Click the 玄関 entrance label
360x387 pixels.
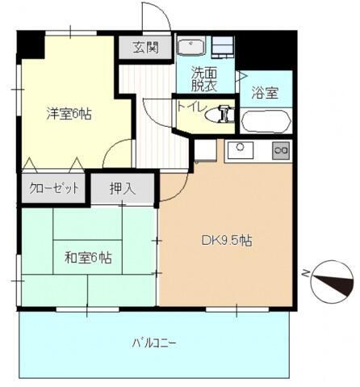tap(148, 48)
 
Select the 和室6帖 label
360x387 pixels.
tap(88, 259)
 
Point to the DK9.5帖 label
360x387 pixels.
tap(226, 240)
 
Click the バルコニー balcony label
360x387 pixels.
tap(153, 342)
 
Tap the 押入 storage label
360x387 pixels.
tap(123, 189)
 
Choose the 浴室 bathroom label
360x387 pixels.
tap(265, 92)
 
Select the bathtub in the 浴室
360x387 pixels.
tap(266, 122)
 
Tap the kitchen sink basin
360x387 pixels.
tap(240, 149)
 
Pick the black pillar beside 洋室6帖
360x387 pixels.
tap(31, 45)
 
